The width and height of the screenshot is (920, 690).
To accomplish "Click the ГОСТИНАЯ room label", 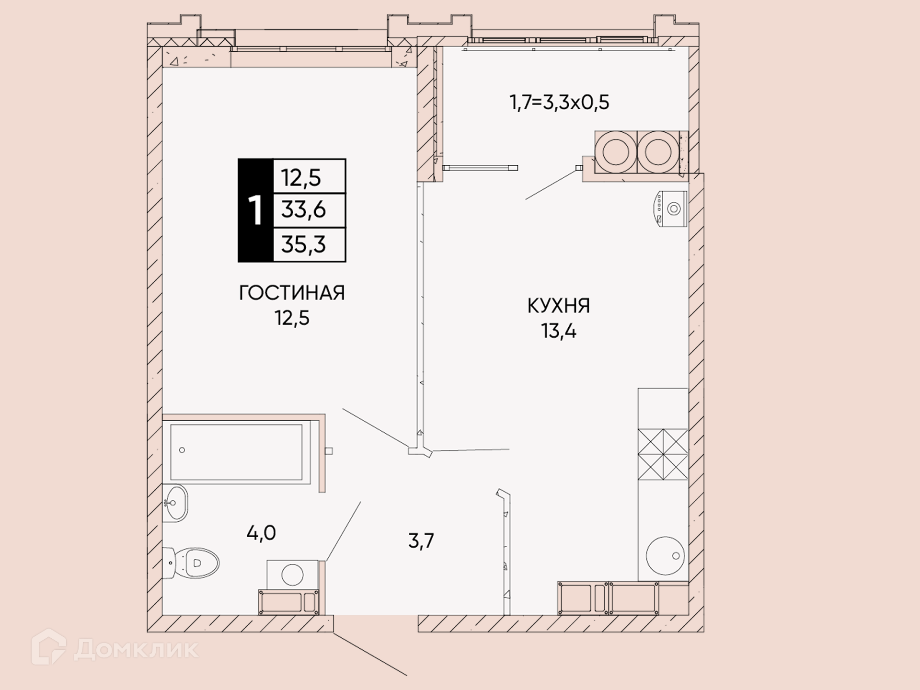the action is (x=292, y=293).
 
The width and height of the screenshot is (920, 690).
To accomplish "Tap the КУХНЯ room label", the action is (x=559, y=306).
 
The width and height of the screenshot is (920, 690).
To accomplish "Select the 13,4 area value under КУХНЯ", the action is (x=559, y=331).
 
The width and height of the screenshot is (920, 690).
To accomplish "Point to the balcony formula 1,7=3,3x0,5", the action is (x=559, y=102).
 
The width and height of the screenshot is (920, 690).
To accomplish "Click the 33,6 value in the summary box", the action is (x=303, y=210).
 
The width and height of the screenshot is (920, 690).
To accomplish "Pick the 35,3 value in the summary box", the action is (x=303, y=244).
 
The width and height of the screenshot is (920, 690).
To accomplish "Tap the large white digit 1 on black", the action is (x=255, y=210).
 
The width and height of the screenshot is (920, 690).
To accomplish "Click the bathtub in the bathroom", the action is (x=236, y=452).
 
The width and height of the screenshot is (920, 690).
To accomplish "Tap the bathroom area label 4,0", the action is (x=261, y=532).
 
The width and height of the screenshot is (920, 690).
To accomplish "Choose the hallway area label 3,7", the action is (x=421, y=540).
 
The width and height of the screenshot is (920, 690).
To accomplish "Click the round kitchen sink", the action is (x=665, y=555).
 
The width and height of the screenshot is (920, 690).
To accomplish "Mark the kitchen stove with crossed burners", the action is (x=663, y=454).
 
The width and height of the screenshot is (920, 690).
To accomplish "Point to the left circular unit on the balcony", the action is (x=616, y=152).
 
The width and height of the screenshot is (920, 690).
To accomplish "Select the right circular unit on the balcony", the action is (x=658, y=152).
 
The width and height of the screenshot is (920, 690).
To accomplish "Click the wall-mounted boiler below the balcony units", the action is (x=670, y=208).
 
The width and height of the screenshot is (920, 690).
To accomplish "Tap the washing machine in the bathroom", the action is (x=292, y=575).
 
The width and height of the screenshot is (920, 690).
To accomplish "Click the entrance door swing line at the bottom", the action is (x=370, y=655).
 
